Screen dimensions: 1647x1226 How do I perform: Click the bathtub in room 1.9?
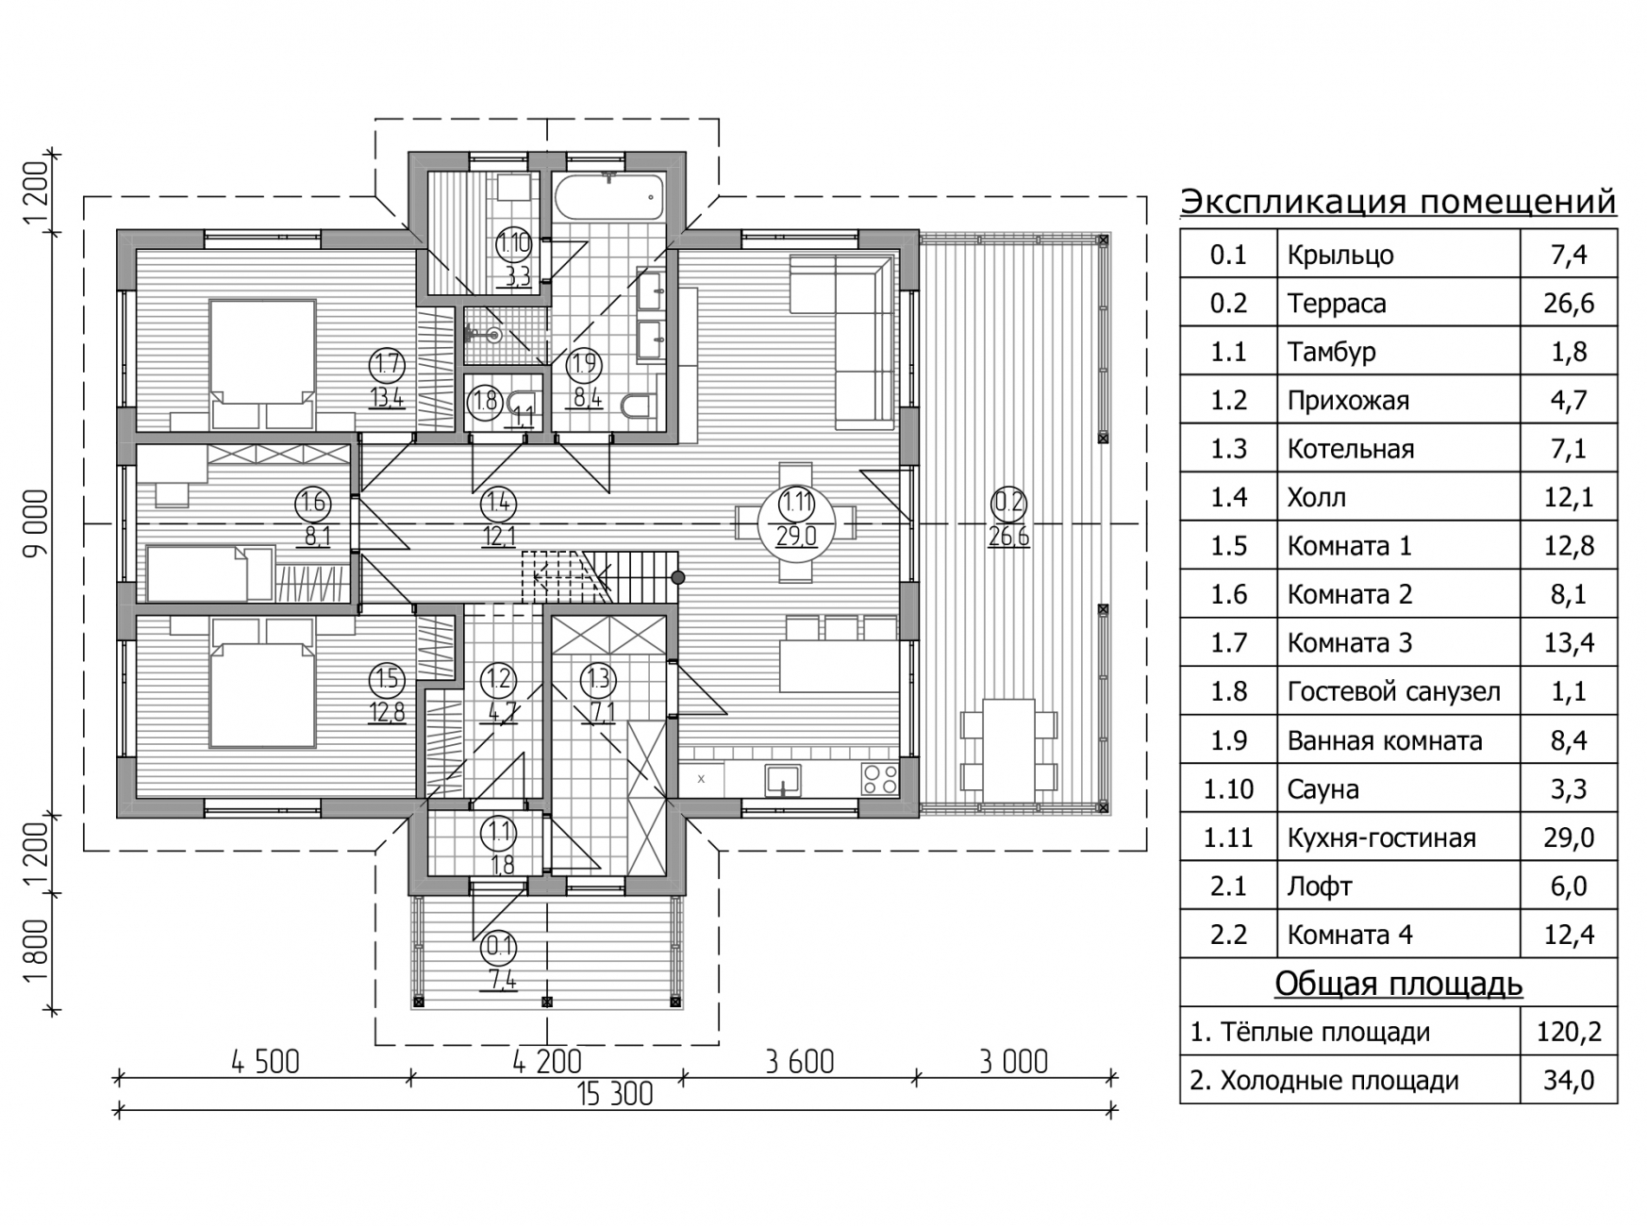609,198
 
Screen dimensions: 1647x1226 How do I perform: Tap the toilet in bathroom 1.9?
638,406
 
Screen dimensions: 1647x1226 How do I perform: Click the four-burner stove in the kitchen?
880,779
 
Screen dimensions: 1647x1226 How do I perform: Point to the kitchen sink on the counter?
783,779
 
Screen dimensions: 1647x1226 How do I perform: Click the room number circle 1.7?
387,364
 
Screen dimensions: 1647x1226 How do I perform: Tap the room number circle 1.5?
387,678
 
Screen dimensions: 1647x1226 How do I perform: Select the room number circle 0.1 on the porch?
501,946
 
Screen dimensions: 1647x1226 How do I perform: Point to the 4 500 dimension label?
265,1062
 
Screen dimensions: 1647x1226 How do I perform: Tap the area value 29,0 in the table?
1569,837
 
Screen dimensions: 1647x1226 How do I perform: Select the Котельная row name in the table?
1351,449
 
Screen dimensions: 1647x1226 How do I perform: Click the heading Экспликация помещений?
1398,202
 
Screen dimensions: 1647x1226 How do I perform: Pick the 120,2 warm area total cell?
1569,1032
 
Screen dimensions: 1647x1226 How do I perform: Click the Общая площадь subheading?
1398,984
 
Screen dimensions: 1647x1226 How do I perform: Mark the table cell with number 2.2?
1228,935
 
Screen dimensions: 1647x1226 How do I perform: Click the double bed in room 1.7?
262,364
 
